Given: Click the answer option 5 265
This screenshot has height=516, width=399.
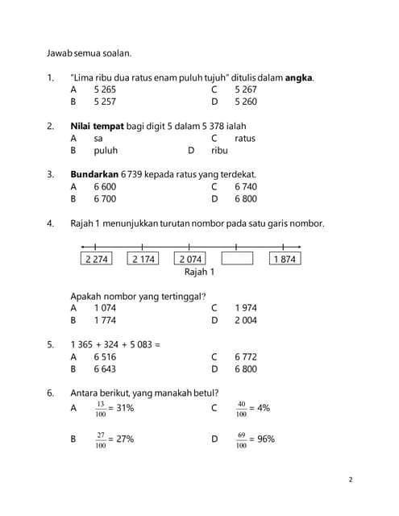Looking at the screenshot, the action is [105, 90].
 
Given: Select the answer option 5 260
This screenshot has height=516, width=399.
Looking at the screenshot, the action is [246, 102].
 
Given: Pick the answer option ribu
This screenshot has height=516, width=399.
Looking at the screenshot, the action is [219, 150].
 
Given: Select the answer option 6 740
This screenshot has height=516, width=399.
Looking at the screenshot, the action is [246, 186].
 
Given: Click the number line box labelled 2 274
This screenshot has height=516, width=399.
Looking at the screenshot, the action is [96, 259].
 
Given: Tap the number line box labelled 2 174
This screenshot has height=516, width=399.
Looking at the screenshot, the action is [143, 259].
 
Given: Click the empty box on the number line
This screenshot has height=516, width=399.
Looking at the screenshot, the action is [237, 259].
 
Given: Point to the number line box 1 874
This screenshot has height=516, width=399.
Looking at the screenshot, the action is [285, 259].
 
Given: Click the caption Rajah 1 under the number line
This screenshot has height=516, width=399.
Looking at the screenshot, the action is [199, 273].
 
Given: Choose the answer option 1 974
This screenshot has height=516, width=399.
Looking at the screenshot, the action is [246, 308].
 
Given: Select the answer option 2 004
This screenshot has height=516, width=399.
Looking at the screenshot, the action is [246, 320].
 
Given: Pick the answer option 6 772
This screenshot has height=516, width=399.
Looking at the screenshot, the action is [246, 356].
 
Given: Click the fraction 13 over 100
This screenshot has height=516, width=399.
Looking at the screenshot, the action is [101, 409].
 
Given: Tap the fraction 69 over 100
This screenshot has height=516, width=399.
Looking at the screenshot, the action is [241, 440].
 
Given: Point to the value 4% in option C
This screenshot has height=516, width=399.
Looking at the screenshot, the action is [264, 409].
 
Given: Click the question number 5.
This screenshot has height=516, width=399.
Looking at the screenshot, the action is [50, 344].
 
